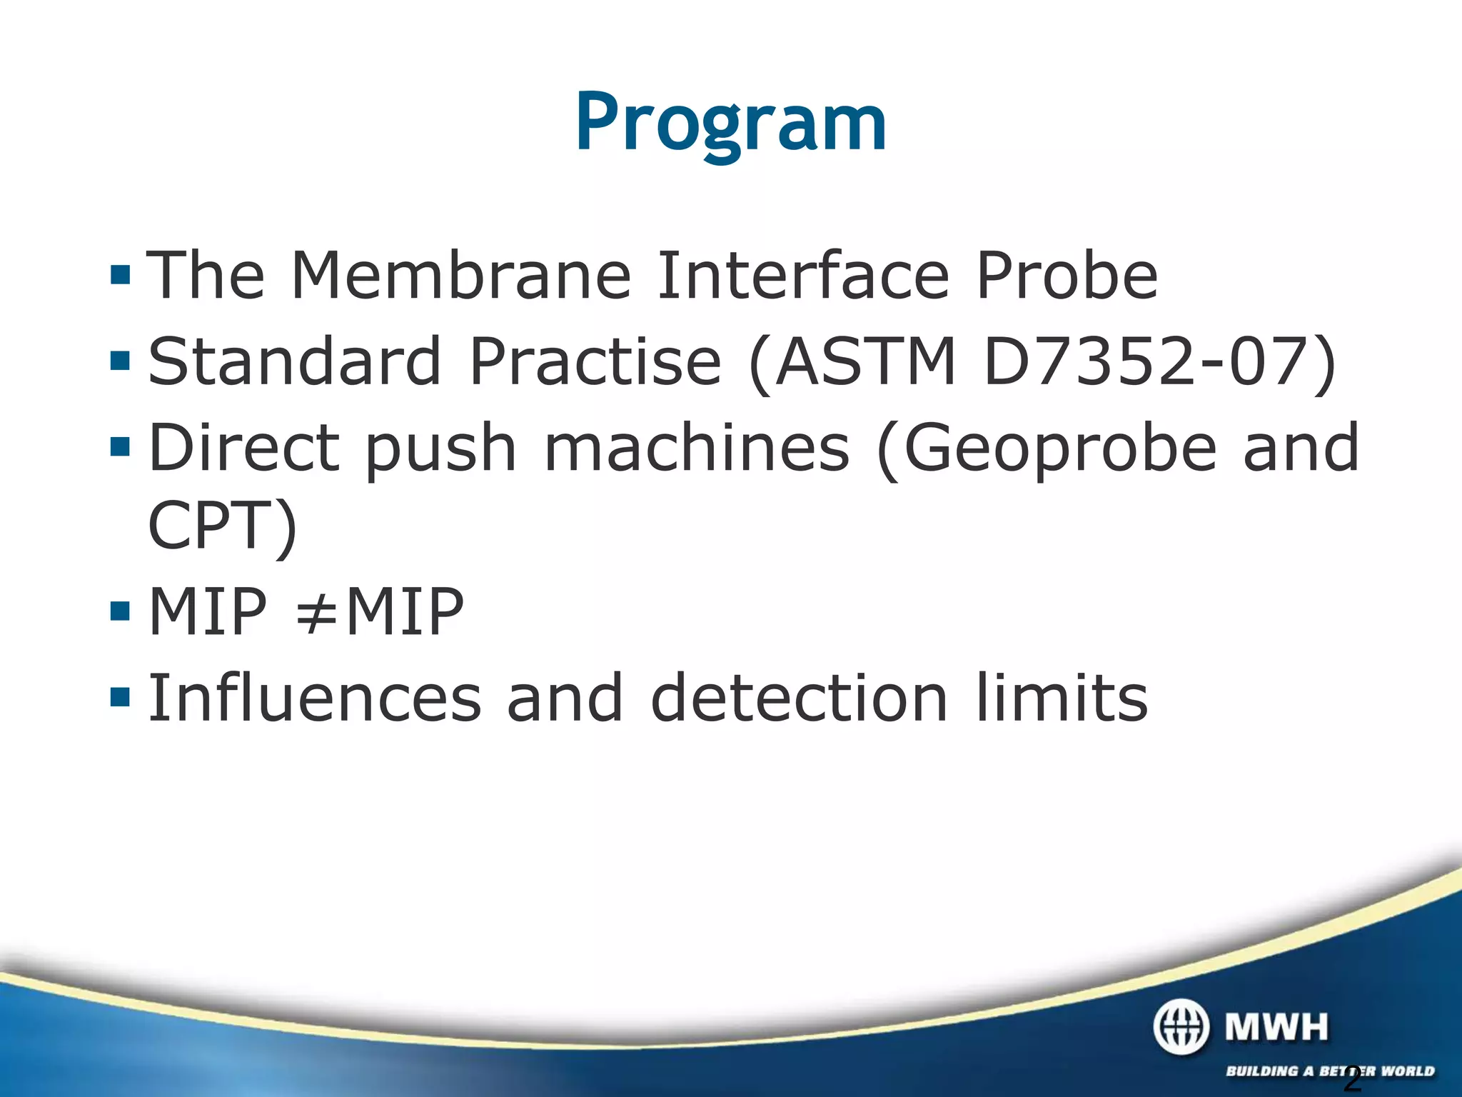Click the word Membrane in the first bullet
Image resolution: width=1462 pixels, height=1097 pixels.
point(460,276)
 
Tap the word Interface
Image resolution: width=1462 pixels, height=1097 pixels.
point(802,276)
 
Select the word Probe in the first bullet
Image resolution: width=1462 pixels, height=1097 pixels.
point(1066,276)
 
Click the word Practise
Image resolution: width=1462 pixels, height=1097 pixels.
point(595,362)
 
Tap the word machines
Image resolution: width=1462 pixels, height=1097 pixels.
point(697,449)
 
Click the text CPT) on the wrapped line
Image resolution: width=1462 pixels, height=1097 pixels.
point(222,527)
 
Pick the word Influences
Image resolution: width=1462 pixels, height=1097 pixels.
point(315,698)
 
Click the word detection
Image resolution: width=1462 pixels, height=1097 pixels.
point(799,698)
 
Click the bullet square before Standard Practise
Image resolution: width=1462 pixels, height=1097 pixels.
point(121,361)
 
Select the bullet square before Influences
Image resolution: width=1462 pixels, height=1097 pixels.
point(121,696)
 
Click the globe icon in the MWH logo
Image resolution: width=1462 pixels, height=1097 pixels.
point(1181,1027)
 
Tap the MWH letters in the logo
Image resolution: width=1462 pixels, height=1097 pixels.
point(1276,1027)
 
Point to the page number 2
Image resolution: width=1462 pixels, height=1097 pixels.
point(1351,1078)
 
